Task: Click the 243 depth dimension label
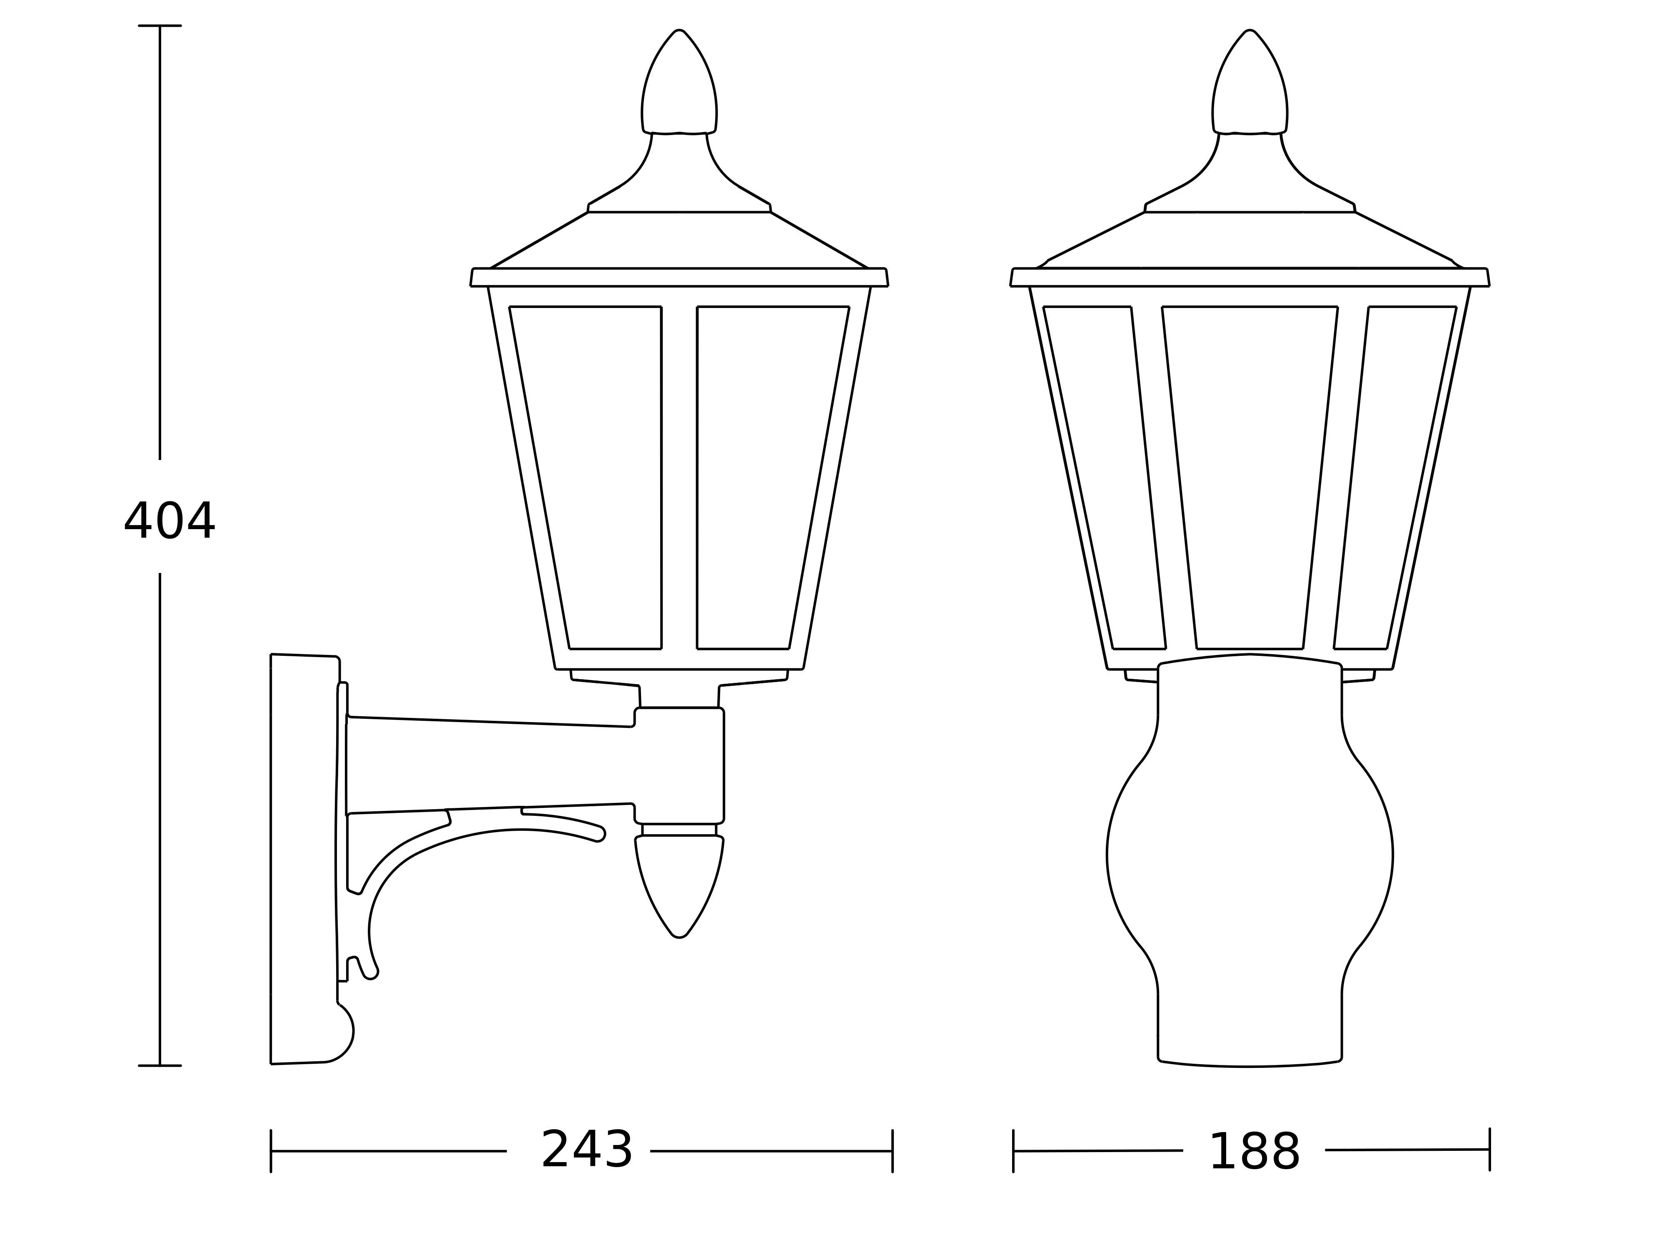[587, 1150]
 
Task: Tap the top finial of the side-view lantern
[679, 83]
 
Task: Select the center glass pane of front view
[1249, 477]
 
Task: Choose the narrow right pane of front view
[1395, 477]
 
